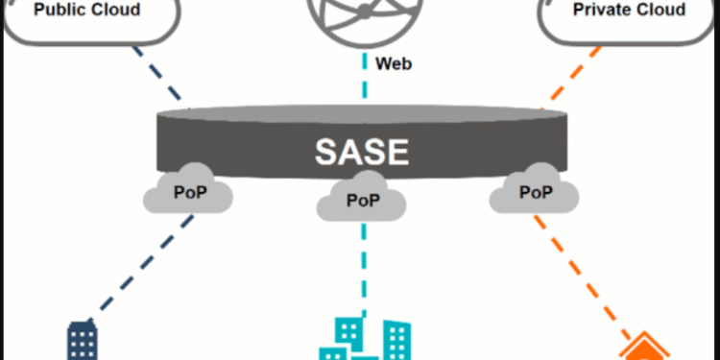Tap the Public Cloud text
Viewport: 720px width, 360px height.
coord(86,11)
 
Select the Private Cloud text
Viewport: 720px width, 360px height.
coord(630,11)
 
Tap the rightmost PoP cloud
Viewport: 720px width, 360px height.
coord(534,192)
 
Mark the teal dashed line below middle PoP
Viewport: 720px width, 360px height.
coord(364,269)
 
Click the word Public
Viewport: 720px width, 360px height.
coord(61,11)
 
